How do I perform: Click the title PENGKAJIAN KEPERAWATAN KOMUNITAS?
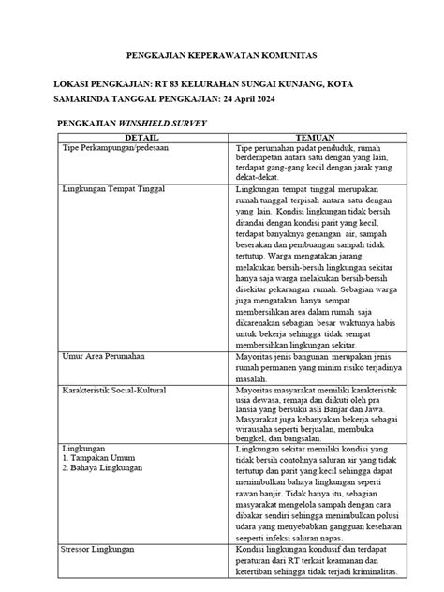click(x=221, y=57)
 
